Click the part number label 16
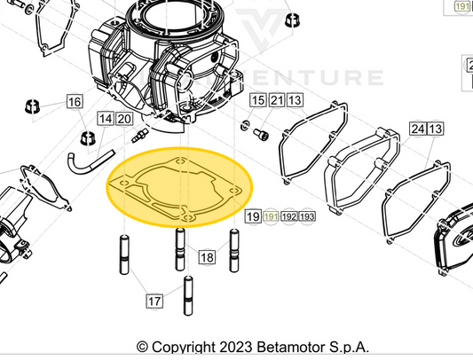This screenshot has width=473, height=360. pos(74,103)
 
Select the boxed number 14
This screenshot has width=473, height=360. pos(106,119)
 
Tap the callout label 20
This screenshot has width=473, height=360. pos(123,119)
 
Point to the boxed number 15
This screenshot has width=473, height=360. pos(258,101)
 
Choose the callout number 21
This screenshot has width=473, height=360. pos(277,101)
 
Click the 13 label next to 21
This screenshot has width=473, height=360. pos(295,101)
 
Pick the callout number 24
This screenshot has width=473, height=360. pos(417,129)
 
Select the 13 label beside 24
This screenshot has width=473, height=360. pos(436,129)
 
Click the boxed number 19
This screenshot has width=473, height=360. pos(253,216)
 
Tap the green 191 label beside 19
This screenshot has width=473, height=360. pos(271,216)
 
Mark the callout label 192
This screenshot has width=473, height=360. pos(289,216)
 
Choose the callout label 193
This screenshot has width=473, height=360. pos(307,216)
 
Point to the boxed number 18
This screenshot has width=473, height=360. pos(207,258)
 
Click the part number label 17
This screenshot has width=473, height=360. pos(154,301)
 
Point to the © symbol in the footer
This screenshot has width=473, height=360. pos(142,348)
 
